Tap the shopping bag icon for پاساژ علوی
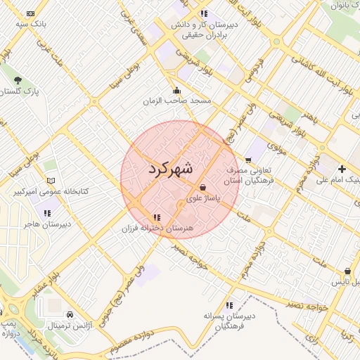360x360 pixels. [203, 188]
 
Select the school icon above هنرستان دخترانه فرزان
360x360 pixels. [156, 217]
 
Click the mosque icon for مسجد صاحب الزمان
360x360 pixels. [176, 90]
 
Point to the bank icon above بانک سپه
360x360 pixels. [30, 13]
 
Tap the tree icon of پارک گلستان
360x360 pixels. [18, 79]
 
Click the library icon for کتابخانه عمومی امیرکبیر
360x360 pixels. [49, 180]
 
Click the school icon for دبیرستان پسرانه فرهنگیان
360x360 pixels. [229, 305]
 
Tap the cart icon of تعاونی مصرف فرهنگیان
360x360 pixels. [248, 160]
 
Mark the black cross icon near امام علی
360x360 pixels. [342, 169]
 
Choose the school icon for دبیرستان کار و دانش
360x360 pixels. [204, 13]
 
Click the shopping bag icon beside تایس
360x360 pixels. [347, 271]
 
